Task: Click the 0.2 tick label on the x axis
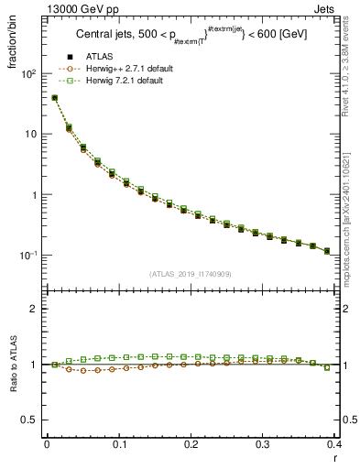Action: point(191,444)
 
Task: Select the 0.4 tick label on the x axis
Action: point(335,444)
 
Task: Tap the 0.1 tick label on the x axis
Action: point(119,444)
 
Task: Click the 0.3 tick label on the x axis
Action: point(263,444)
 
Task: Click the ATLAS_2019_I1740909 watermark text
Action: point(191,274)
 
